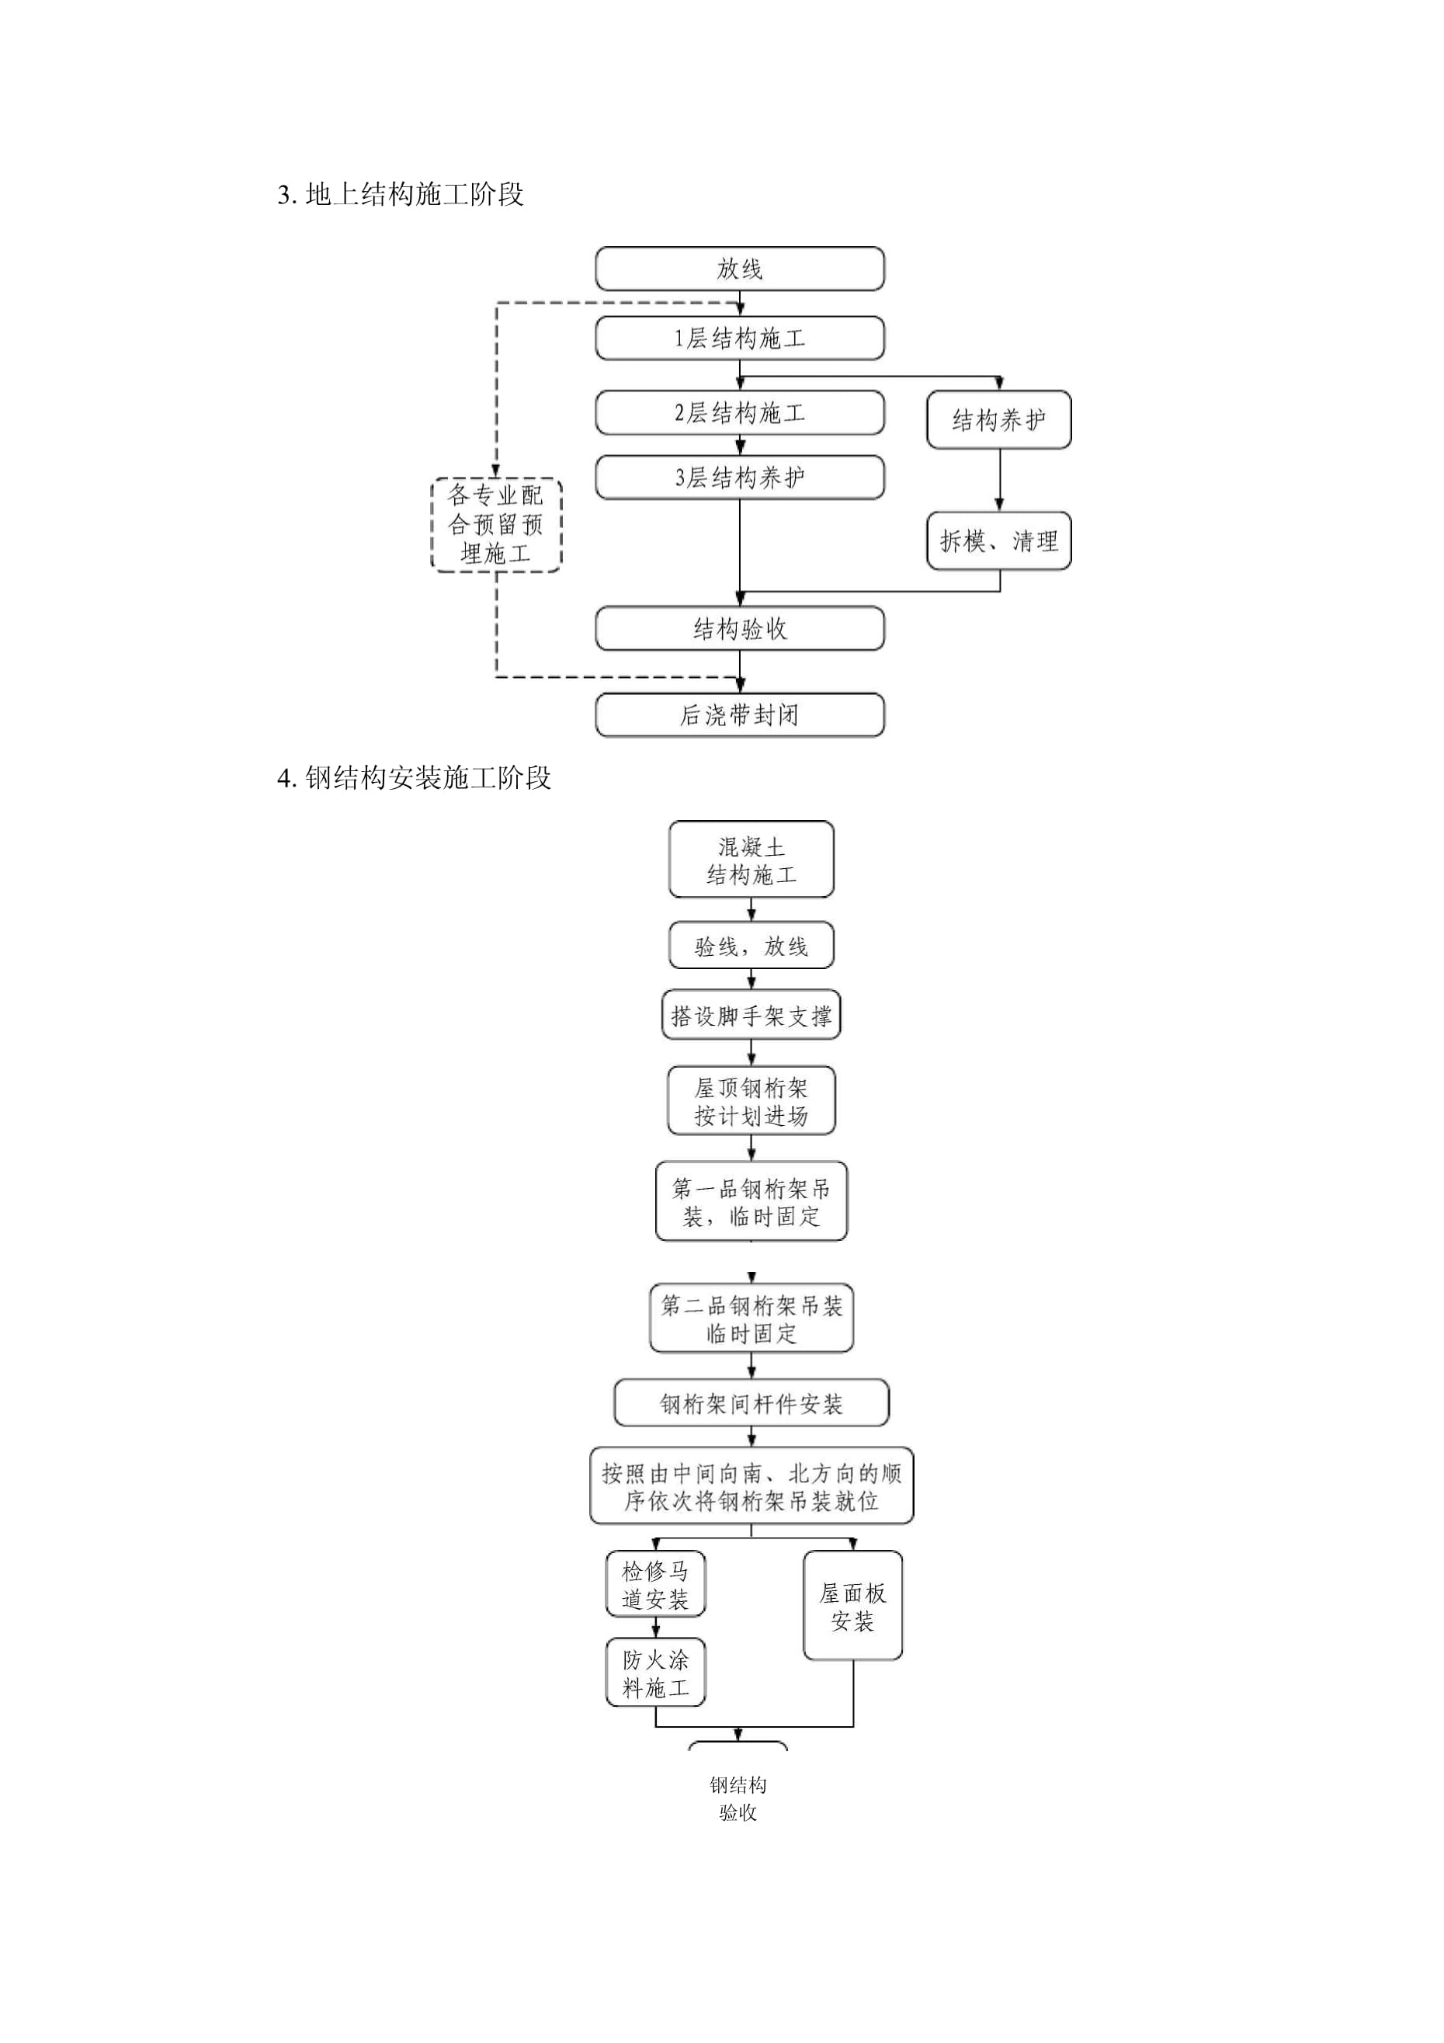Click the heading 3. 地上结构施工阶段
[401, 194]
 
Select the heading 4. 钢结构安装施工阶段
[414, 778]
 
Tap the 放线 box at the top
[739, 269]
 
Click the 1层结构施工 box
[739, 338]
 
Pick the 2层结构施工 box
[739, 413]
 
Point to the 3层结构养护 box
[739, 478]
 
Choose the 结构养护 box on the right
[998, 419]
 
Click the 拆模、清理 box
[998, 540]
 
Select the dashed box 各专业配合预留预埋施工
[495, 524]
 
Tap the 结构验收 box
[739, 629]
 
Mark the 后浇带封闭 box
[739, 715]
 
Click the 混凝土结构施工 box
[751, 860]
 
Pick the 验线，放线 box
[751, 946]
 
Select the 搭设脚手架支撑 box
[751, 1015]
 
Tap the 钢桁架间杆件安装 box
[751, 1404]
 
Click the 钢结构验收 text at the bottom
[738, 1798]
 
